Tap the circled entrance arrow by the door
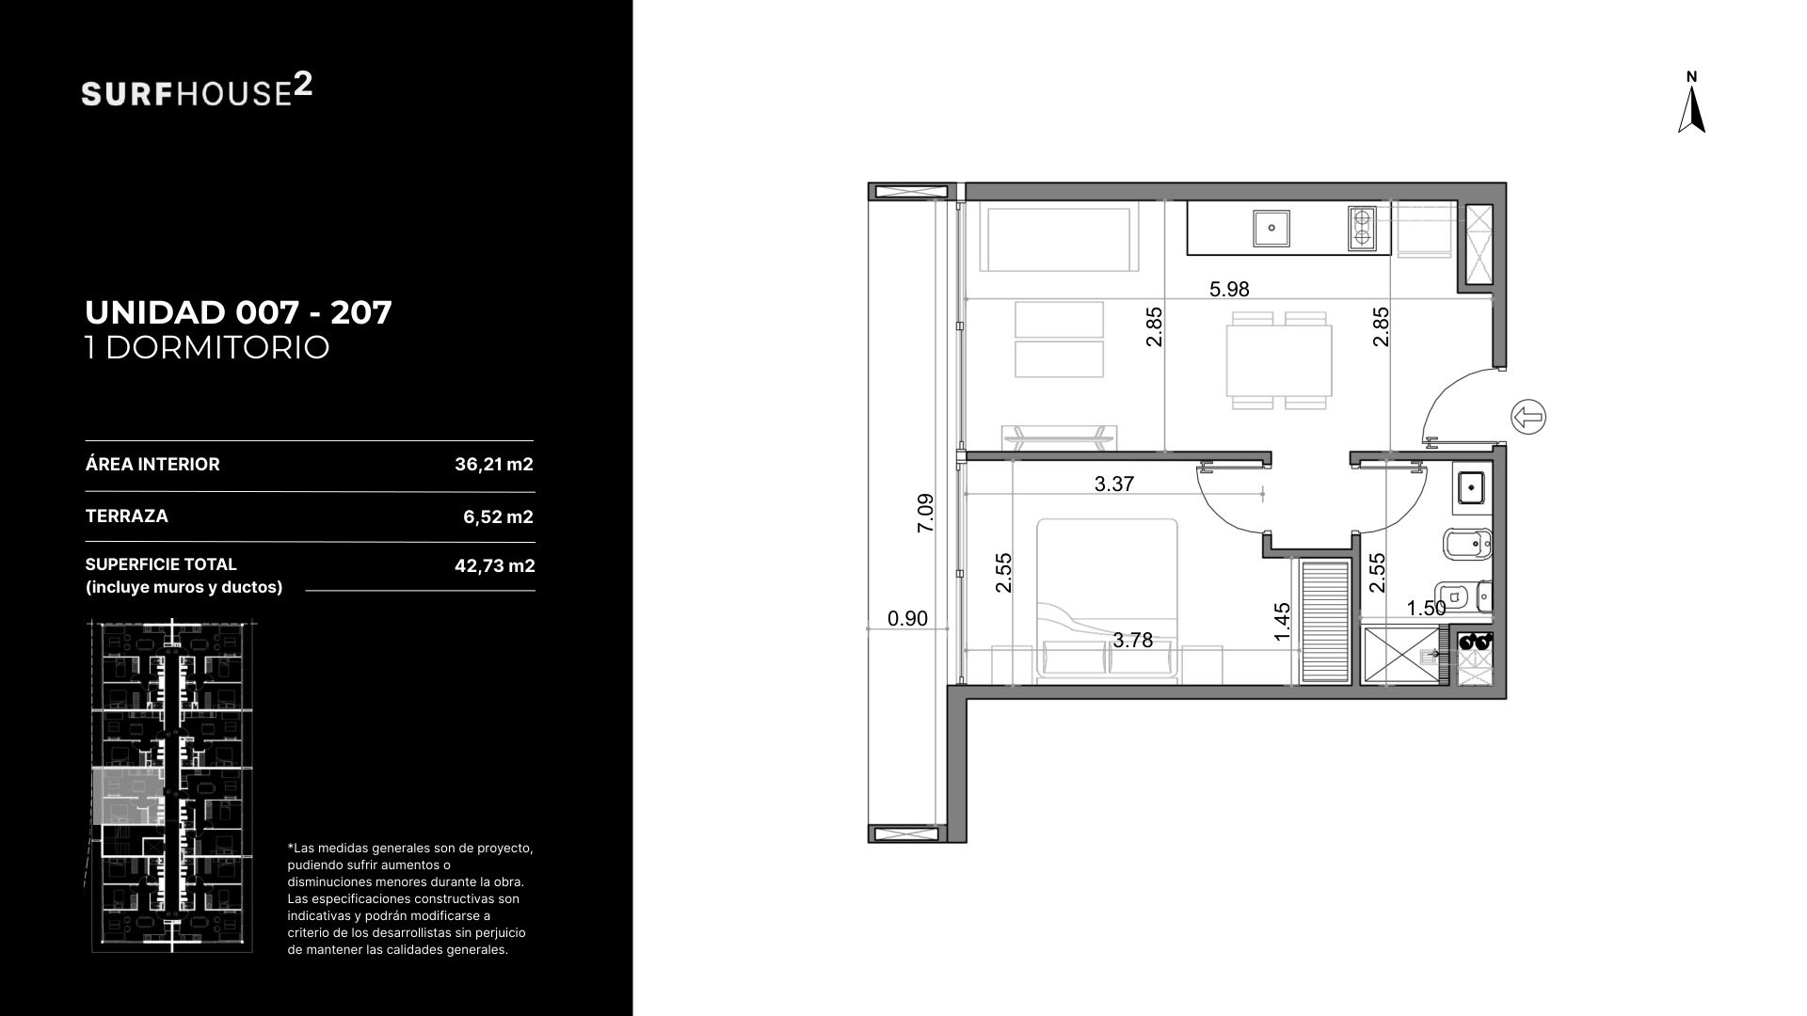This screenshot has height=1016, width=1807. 1528,417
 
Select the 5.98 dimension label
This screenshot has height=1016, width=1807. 1229,290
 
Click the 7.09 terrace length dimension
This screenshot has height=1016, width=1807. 925,514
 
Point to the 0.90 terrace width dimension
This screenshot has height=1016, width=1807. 907,618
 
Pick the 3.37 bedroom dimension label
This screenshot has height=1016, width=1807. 1114,484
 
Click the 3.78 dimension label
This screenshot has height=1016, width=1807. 1132,641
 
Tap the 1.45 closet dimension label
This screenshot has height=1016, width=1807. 1282,623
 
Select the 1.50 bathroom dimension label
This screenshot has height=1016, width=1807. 1426,609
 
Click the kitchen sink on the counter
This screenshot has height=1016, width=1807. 1271,228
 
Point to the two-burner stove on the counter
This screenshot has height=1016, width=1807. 1361,228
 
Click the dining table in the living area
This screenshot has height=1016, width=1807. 1279,360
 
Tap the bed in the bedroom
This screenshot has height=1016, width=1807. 1108,599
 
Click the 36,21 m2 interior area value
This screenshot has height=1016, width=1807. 494,464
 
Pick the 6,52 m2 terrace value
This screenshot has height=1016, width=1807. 498,516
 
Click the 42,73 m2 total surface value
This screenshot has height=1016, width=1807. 495,565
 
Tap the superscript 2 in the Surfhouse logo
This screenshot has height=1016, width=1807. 303,86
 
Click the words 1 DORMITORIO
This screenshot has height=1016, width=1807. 207,347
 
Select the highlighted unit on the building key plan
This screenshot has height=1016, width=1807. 128,796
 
